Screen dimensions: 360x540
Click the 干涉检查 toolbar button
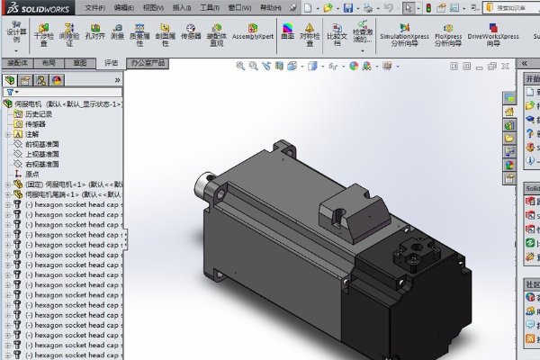(x=43, y=34)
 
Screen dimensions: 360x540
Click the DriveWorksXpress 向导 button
(x=493, y=34)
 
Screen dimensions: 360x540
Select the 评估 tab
(x=111, y=64)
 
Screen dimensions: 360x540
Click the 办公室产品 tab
(x=148, y=64)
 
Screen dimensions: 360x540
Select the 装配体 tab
(x=17, y=64)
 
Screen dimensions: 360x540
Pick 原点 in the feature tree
(x=32, y=175)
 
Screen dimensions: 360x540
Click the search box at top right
(x=508, y=7)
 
